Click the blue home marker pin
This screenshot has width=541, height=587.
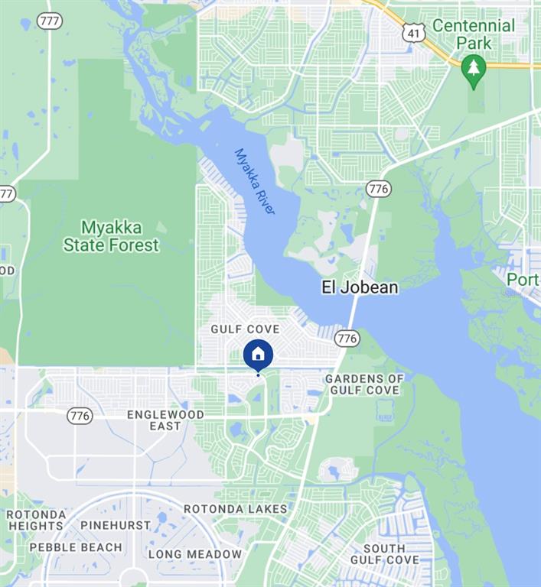tap(258, 355)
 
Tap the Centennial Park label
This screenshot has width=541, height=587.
tap(474, 34)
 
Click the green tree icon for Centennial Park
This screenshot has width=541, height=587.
tap(474, 70)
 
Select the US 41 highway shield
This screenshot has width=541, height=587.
tap(414, 31)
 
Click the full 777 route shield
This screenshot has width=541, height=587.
tap(50, 21)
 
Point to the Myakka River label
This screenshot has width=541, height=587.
tap(255, 180)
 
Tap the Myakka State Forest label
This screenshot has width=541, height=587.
tap(111, 236)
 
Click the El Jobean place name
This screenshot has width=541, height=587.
tap(359, 287)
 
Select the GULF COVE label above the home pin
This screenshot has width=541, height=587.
tap(245, 329)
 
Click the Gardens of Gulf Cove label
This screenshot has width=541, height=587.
tap(364, 384)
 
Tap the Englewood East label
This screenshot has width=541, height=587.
tap(165, 420)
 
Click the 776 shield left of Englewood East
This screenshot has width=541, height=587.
tap(80, 416)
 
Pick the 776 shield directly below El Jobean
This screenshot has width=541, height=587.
tap(347, 337)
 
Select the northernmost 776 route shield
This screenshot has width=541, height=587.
tap(378, 188)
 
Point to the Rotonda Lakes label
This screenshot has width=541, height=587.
tap(236, 508)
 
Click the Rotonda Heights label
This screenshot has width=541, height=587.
tap(35, 520)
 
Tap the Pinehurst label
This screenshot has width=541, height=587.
tap(116, 525)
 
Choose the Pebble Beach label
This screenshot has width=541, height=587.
tap(76, 547)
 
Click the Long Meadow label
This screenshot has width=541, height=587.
tap(195, 554)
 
